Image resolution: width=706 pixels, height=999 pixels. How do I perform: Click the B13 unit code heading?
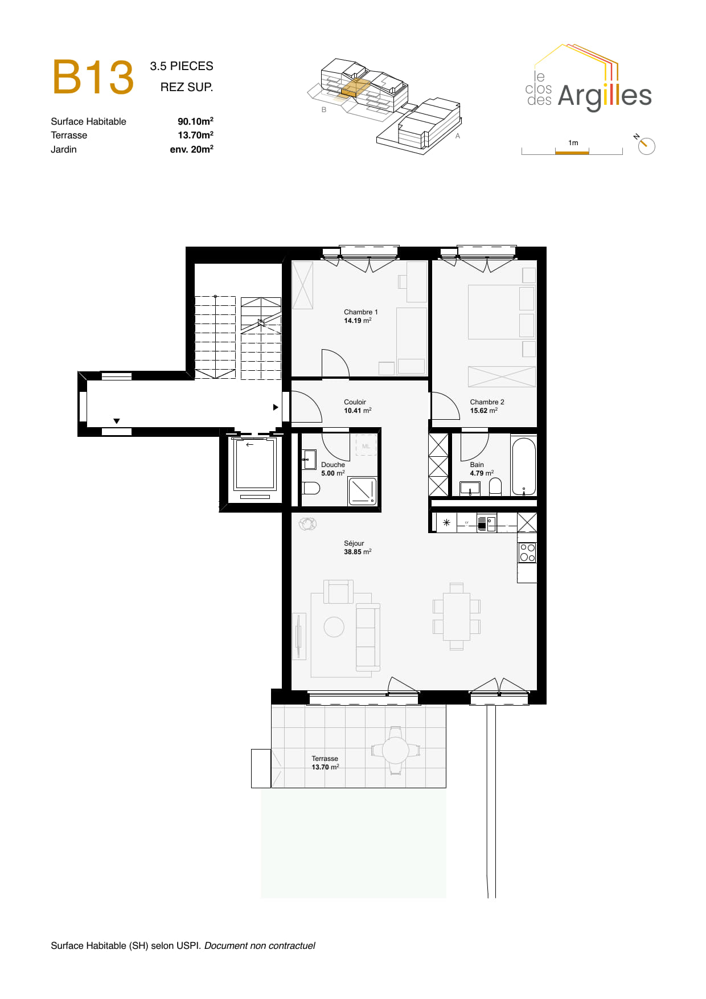click(x=93, y=77)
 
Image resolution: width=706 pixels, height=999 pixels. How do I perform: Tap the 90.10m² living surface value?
click(x=195, y=121)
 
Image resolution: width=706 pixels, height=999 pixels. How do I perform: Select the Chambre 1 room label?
click(x=360, y=312)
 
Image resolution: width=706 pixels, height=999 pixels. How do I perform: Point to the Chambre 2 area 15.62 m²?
click(x=483, y=411)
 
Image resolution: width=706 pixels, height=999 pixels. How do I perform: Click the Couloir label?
click(x=355, y=402)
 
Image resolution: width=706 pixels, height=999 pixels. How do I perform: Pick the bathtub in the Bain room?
click(x=524, y=466)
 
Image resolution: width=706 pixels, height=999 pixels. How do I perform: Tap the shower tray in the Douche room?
click(x=363, y=491)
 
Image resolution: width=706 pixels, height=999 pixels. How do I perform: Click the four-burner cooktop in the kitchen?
click(x=527, y=553)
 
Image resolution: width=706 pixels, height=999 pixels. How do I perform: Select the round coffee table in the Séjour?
click(x=334, y=627)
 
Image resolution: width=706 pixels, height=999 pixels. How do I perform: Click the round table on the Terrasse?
click(x=395, y=750)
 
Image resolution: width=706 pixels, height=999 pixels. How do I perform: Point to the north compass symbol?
click(x=646, y=146)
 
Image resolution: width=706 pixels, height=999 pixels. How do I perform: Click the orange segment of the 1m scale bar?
click(x=572, y=152)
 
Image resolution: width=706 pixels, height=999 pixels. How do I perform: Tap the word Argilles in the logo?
click(x=604, y=96)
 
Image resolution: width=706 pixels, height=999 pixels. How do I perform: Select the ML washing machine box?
click(x=366, y=446)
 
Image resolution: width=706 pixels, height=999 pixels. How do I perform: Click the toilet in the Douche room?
click(x=311, y=488)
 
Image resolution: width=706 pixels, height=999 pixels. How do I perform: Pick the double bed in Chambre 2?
click(x=501, y=312)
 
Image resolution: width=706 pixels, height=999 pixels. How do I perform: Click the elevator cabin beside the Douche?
click(x=255, y=464)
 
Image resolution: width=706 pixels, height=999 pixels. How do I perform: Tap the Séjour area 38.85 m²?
click(x=358, y=552)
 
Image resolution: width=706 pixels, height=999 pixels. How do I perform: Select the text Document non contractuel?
click(x=260, y=946)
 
